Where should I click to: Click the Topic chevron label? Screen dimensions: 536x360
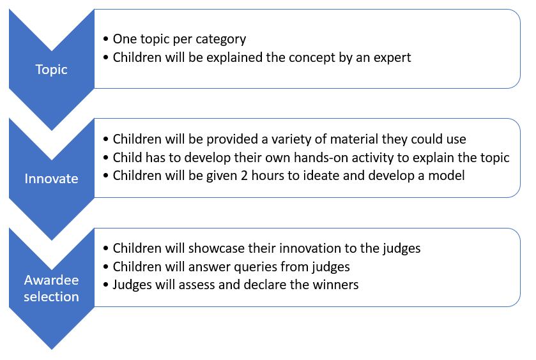(x=51, y=70)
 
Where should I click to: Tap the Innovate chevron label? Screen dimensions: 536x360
(x=51, y=179)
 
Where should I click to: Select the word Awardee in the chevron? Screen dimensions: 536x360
(x=51, y=280)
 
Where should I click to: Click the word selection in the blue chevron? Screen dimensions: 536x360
(x=51, y=296)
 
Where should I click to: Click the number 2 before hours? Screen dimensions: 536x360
(x=244, y=176)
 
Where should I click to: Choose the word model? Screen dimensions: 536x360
(x=447, y=176)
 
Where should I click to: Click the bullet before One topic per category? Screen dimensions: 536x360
(x=105, y=39)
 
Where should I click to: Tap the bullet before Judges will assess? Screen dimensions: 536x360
(x=105, y=285)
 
